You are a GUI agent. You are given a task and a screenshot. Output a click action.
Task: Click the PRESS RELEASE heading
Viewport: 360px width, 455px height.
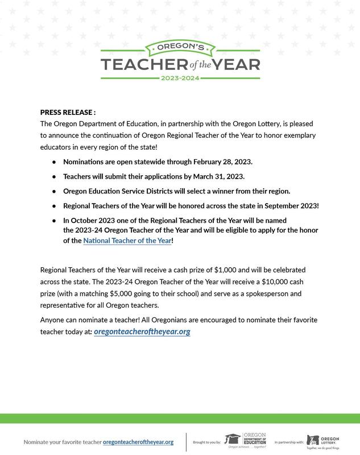[x=68, y=113]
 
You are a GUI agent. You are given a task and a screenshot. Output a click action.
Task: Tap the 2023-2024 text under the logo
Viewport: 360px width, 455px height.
[x=180, y=77]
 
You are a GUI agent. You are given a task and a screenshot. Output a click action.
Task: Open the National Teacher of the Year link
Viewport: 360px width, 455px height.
[x=127, y=241]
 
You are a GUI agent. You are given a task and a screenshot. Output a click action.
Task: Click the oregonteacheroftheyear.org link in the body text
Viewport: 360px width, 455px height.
[x=142, y=332]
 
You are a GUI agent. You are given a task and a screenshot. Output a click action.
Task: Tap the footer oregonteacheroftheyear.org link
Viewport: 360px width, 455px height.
[x=138, y=442]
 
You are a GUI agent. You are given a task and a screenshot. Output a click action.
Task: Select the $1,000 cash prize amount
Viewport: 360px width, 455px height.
[x=227, y=270]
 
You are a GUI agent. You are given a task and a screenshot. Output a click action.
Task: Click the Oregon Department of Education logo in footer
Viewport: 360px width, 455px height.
[x=246, y=440]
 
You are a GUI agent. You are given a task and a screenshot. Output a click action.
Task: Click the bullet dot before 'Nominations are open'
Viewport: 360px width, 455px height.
[x=54, y=162]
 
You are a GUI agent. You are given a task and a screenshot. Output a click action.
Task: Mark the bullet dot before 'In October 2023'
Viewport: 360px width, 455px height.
[x=54, y=220]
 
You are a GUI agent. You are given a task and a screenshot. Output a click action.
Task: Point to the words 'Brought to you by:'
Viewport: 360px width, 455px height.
[x=207, y=442]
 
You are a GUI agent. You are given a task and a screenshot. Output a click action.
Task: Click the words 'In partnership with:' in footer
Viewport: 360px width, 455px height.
[x=289, y=442]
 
